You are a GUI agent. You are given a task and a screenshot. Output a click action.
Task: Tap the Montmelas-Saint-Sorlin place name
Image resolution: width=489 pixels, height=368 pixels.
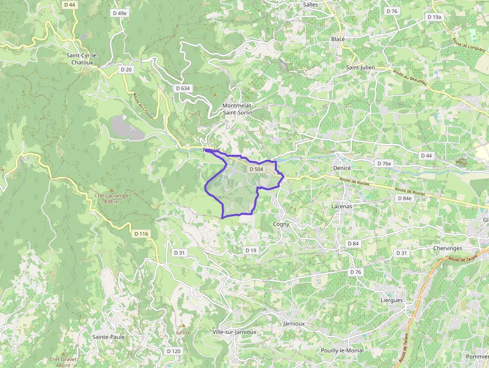[238, 109]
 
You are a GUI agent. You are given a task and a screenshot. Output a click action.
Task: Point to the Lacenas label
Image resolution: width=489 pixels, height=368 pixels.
[342, 206]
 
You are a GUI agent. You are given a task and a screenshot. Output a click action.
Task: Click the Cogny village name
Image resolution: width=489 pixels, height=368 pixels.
[281, 224]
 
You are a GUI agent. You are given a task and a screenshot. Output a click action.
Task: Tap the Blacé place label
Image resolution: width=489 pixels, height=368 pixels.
[338, 39]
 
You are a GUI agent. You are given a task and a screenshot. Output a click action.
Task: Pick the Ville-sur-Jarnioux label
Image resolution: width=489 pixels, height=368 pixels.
[234, 332]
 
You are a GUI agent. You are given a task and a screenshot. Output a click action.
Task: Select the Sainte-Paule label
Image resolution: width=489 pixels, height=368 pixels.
[108, 337]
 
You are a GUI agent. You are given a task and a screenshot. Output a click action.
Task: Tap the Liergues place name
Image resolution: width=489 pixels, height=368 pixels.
[392, 301]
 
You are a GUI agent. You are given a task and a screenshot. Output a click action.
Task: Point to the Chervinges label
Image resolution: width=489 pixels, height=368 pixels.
[448, 248]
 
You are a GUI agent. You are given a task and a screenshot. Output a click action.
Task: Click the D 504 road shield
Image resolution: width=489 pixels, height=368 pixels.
[255, 169]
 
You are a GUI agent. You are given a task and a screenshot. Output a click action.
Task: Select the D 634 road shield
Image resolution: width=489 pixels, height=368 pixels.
[183, 88]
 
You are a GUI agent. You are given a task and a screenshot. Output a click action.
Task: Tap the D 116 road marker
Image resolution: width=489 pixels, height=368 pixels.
[141, 233]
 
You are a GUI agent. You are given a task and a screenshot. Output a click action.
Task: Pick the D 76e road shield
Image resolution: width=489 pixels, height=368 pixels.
[384, 163]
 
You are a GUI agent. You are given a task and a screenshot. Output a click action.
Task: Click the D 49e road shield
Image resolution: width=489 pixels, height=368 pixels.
[119, 13]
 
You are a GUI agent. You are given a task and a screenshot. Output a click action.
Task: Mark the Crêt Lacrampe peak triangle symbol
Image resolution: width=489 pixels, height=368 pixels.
[111, 190]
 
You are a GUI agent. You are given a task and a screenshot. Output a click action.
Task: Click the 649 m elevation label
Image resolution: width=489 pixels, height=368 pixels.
[183, 333]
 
